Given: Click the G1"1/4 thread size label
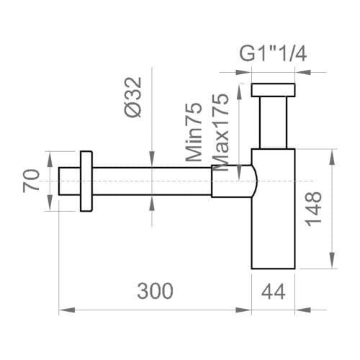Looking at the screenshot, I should pyautogui.click(x=273, y=54).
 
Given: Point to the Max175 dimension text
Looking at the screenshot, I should pyautogui.click(x=222, y=130).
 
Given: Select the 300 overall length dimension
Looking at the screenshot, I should pyautogui.click(x=155, y=291).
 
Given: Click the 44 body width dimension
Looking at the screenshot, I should pyautogui.click(x=274, y=291).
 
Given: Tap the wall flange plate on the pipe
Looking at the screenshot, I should pyautogui.click(x=86, y=182).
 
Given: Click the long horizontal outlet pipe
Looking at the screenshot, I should pyautogui.click(x=151, y=182).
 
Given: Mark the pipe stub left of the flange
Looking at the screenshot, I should pyautogui.click(x=68, y=182).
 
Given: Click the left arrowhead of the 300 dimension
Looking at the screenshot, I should pyautogui.click(x=62, y=310).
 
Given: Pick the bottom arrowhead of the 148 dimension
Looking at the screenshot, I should pyautogui.click(x=333, y=264).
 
